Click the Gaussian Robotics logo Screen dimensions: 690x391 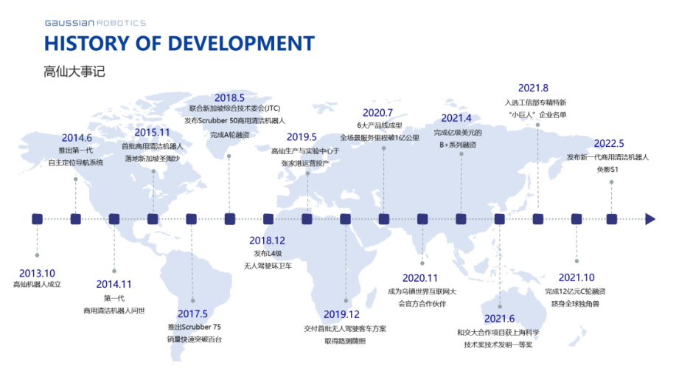(95, 23)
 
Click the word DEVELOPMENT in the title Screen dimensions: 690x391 (241, 44)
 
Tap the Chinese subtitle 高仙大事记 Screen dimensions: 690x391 (74, 72)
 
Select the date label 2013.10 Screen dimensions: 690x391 (37, 273)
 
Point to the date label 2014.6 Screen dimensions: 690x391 (77, 138)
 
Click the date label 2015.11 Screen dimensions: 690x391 (152, 133)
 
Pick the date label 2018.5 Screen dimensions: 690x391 (229, 97)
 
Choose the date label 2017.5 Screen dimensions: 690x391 (192, 314)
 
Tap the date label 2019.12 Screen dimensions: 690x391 (341, 314)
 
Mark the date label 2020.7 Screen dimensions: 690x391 (377, 113)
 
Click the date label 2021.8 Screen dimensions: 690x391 (533, 88)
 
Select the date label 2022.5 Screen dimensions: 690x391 (609, 144)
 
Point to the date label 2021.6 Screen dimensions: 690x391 (500, 319)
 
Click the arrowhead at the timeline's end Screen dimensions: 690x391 (650, 219)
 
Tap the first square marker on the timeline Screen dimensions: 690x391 (38, 219)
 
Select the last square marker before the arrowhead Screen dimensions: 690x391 (612, 219)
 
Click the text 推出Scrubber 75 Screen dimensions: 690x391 (194, 327)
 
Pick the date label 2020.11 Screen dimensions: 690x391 (419, 278)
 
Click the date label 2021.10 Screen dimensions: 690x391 (576, 277)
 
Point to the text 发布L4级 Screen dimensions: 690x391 (268, 254)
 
